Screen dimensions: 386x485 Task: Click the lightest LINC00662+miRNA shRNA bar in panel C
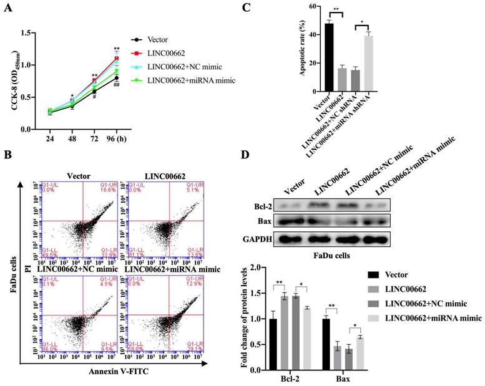click(x=368, y=62)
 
